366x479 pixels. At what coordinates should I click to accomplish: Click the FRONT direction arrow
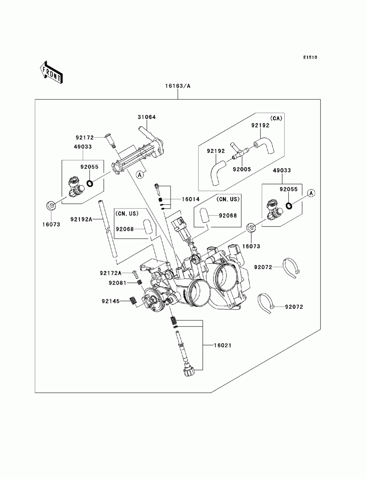51,73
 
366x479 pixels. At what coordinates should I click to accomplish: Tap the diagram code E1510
310,57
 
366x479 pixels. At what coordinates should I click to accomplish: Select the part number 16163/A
178,86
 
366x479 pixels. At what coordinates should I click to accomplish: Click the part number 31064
147,117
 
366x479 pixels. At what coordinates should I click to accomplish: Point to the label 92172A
111,273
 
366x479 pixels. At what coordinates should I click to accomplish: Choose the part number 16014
191,199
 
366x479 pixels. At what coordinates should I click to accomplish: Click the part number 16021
223,345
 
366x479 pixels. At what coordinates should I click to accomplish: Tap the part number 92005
242,169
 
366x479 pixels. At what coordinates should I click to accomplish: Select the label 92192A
81,219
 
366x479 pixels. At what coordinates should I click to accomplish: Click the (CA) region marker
276,118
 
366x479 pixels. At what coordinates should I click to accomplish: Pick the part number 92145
111,301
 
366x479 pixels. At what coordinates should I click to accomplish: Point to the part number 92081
117,283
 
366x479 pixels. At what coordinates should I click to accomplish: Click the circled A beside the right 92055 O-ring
311,193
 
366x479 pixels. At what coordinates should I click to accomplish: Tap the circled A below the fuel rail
140,174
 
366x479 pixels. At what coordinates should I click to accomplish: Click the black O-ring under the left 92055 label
90,184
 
